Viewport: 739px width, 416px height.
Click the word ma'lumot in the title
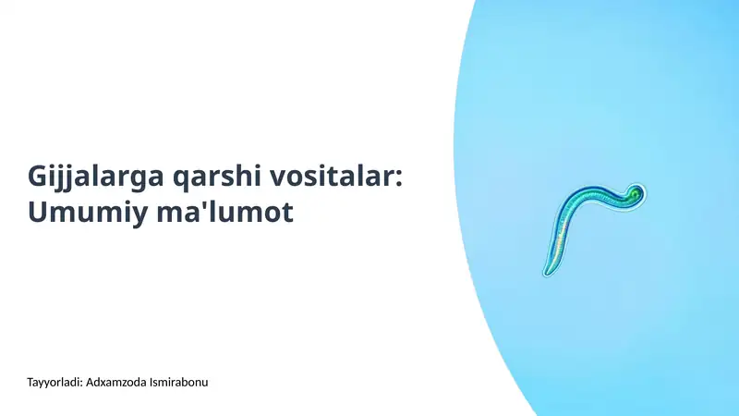225,213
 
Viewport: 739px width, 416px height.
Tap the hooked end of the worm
634,191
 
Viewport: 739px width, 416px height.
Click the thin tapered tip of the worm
547,271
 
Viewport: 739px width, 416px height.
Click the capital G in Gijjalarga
39,175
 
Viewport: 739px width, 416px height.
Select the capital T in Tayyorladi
31,382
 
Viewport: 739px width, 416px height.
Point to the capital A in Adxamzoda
88,382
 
